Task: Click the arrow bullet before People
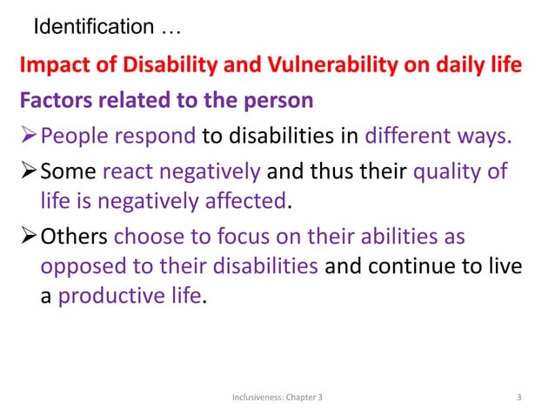pyautogui.click(x=29, y=136)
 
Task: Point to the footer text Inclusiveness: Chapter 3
pyautogui.click(x=277, y=398)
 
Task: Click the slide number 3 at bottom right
pyautogui.click(x=519, y=398)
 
